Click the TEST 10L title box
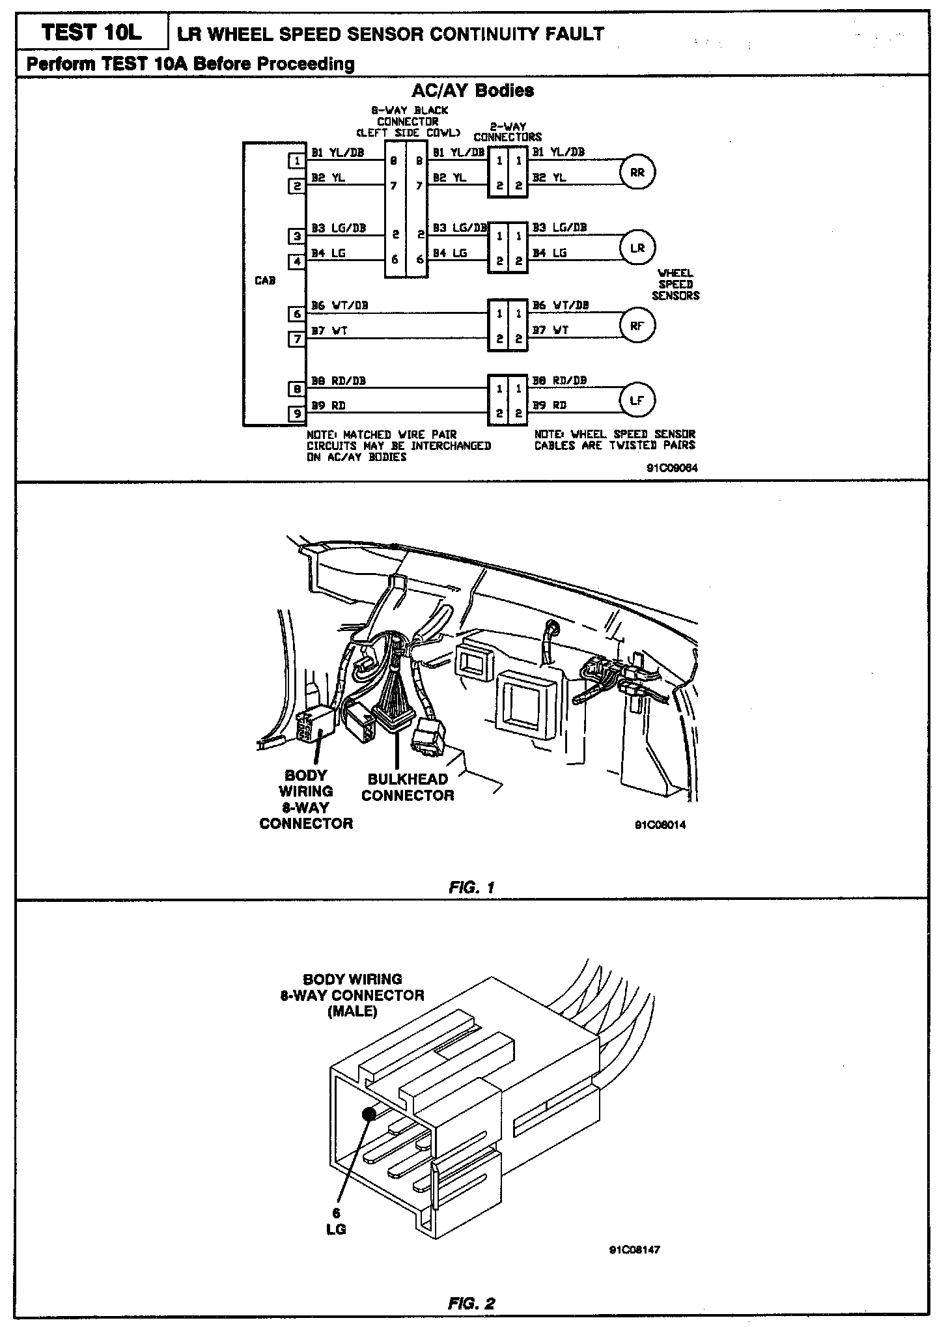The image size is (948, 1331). coord(92,33)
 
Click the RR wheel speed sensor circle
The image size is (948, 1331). coord(637,173)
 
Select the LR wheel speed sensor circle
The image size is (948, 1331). coord(637,248)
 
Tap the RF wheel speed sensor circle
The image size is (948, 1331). coord(637,326)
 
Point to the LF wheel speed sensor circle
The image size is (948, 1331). coord(637,400)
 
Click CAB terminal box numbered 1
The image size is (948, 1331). coord(297,160)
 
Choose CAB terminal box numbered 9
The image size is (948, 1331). coord(297,413)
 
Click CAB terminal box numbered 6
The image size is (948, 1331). coord(297,314)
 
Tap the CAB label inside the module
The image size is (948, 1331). coord(266,281)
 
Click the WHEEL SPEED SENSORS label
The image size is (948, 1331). coord(675,285)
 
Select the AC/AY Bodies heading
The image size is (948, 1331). coord(473,91)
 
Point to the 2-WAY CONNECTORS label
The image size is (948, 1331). coord(508,132)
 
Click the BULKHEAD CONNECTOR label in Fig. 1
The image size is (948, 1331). coord(408,787)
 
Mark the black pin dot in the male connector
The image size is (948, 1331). coord(369,1114)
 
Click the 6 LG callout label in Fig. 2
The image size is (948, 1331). coord(336,1222)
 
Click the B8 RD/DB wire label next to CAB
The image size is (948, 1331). coord(339,381)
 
